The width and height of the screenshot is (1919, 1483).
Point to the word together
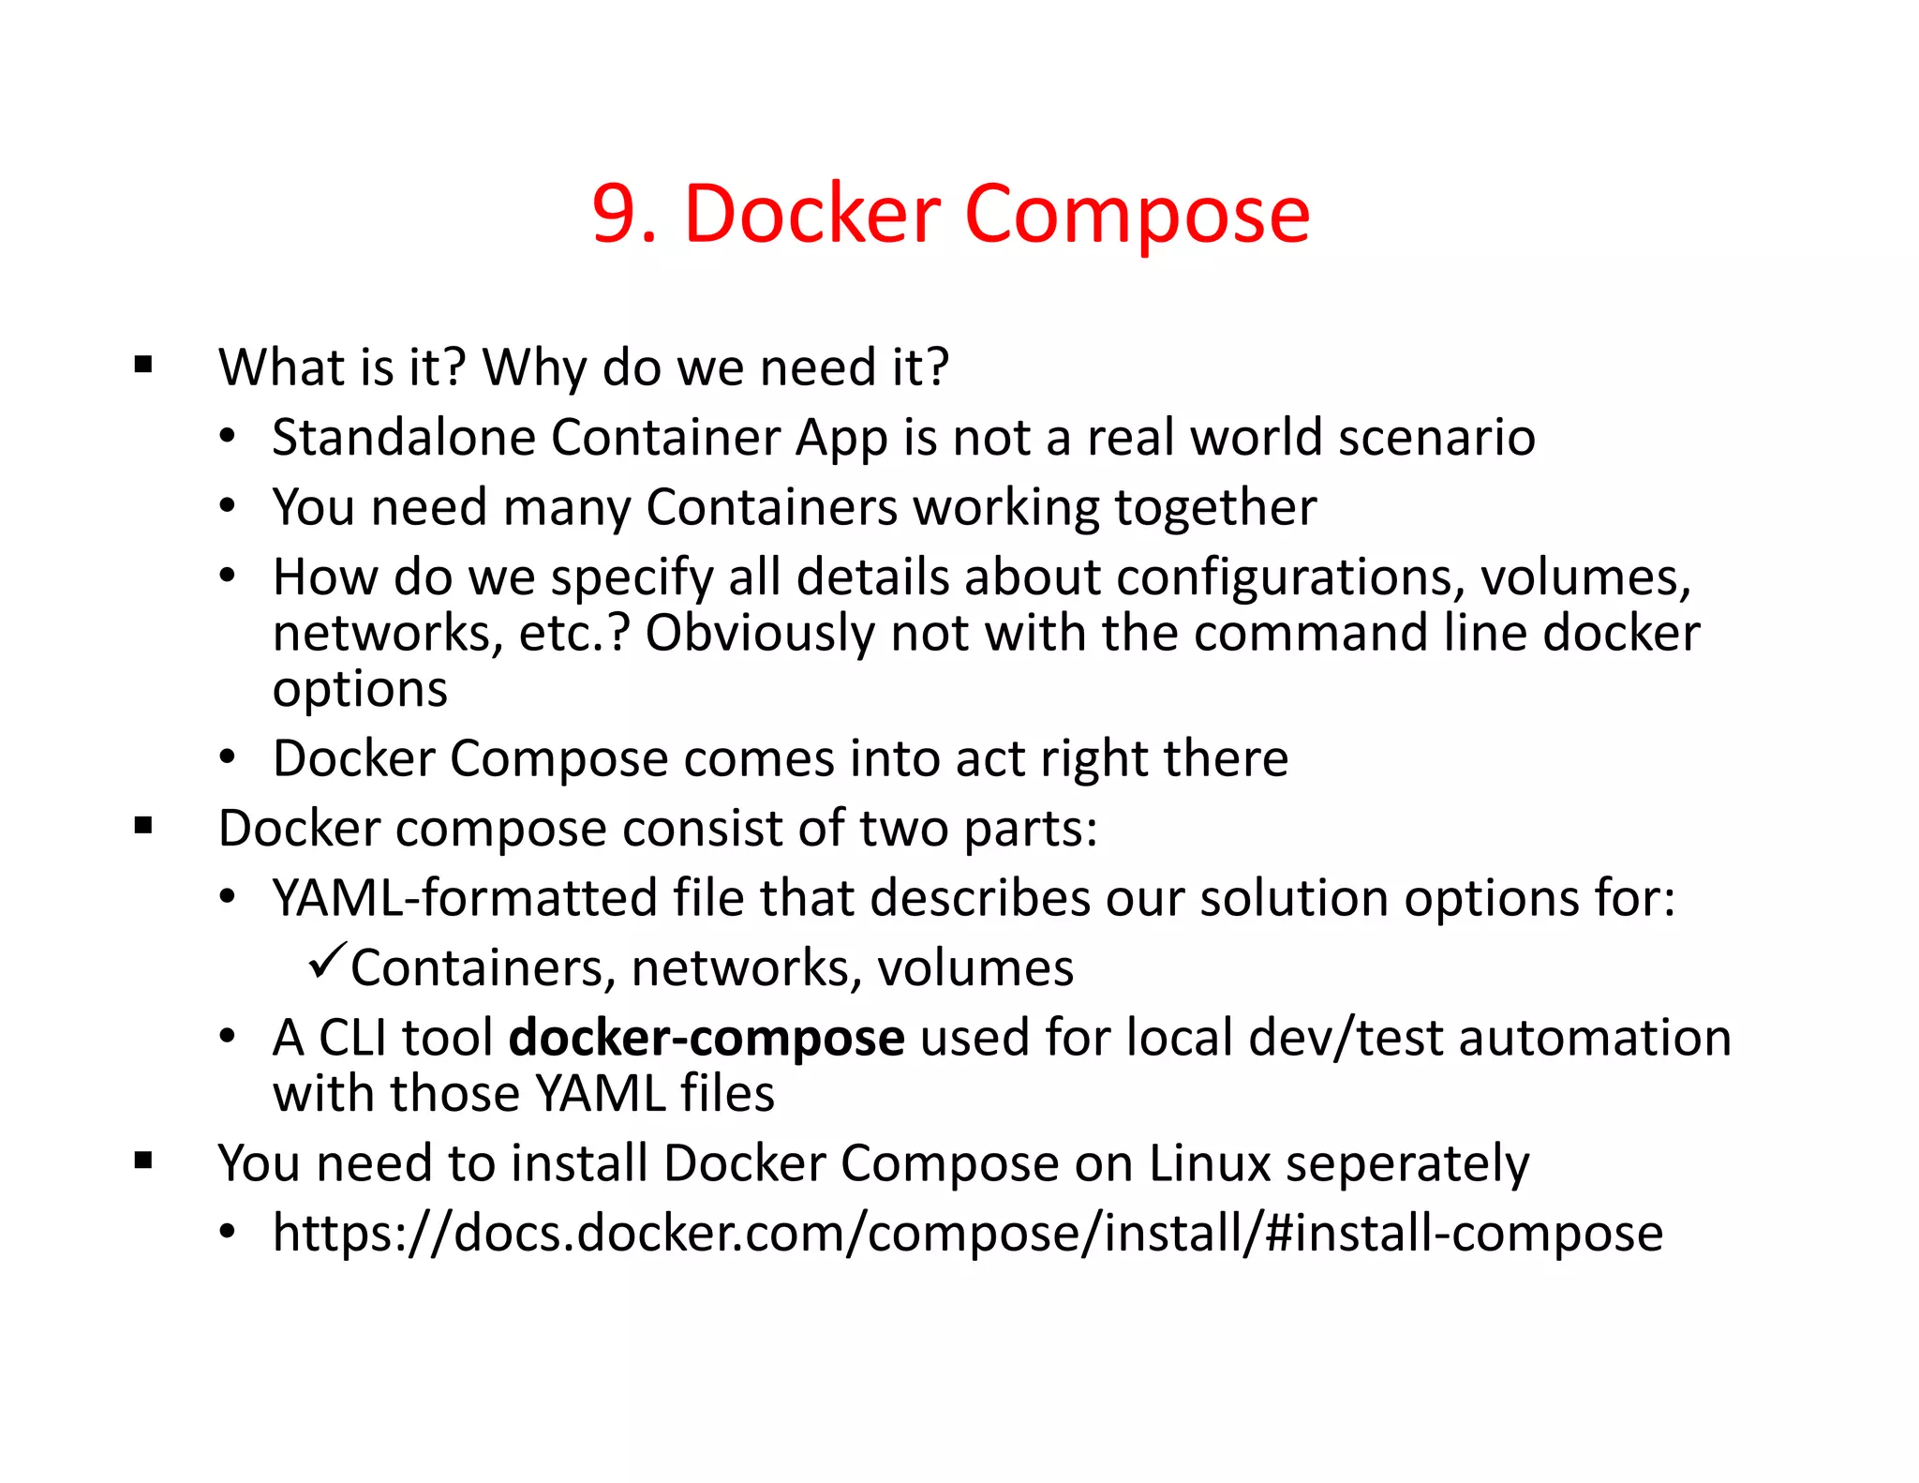point(1215,508)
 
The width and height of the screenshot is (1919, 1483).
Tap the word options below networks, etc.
point(360,690)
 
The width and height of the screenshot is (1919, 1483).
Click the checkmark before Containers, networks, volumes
point(327,962)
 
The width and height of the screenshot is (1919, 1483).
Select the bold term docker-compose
point(707,1039)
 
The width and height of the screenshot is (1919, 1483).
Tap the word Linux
point(1210,1164)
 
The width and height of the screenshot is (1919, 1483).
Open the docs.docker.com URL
point(967,1234)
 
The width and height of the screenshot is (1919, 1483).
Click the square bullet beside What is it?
point(143,365)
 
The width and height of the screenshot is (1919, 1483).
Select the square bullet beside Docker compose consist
point(143,827)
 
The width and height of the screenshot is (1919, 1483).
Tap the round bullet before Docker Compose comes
point(228,757)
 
